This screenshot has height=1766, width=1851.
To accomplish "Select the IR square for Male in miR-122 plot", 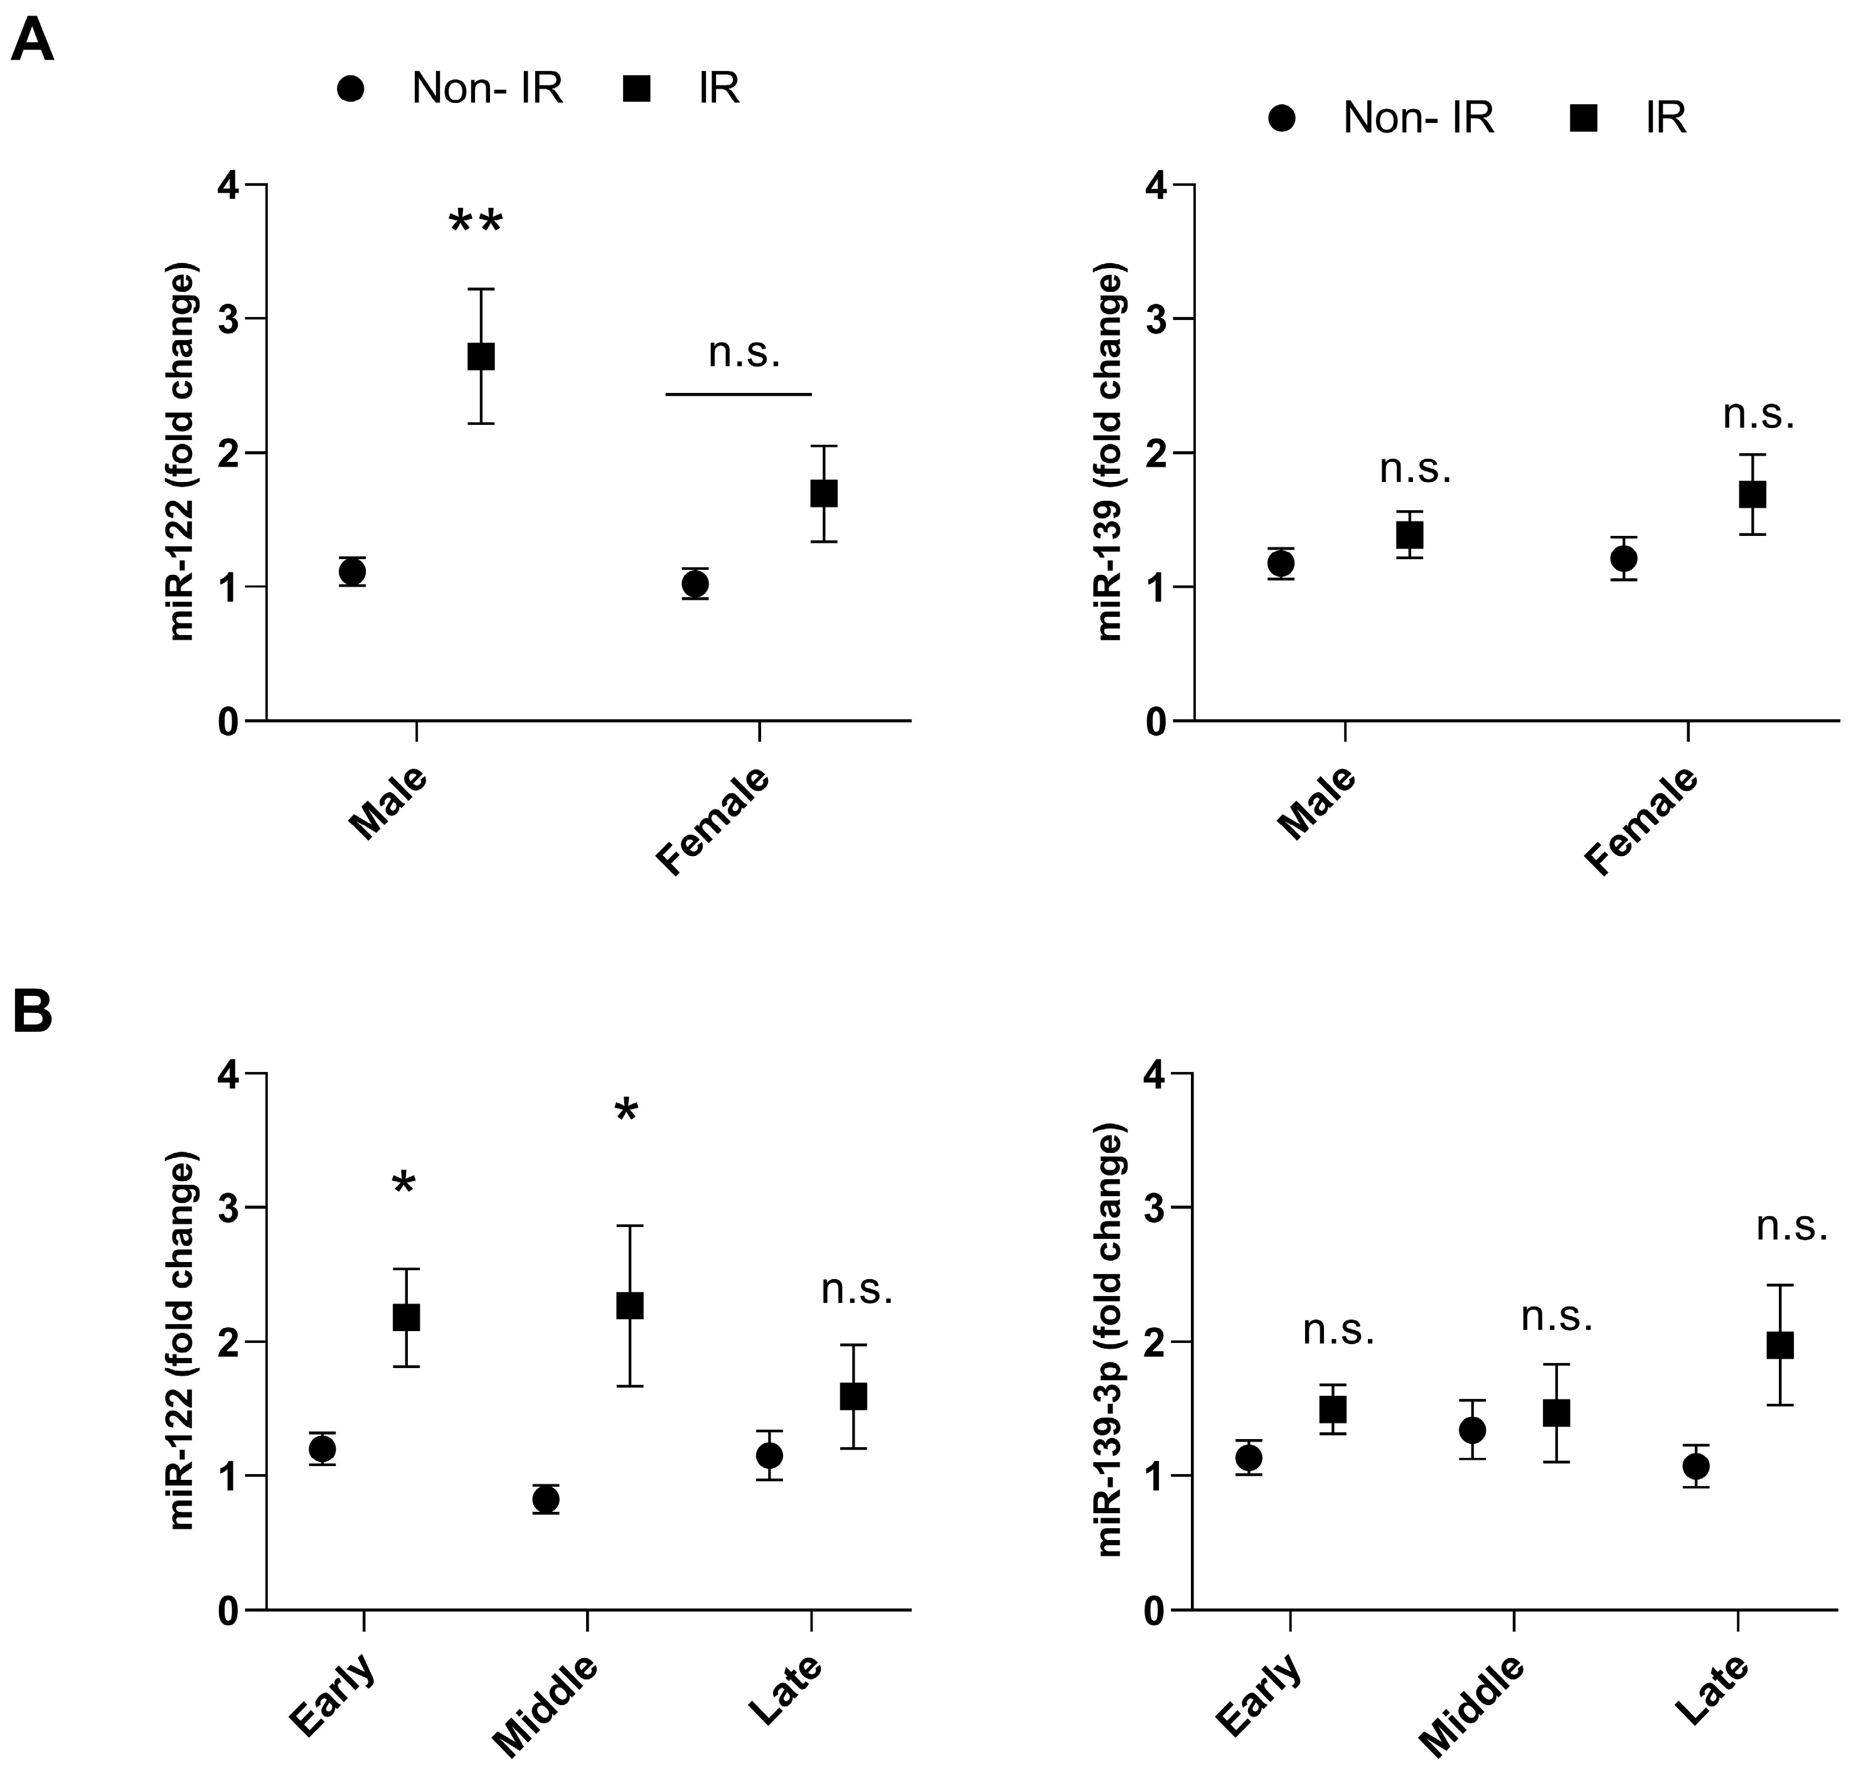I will (481, 356).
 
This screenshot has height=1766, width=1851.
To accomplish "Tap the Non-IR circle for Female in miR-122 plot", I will (695, 585).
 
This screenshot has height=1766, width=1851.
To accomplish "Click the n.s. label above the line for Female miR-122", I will (744, 354).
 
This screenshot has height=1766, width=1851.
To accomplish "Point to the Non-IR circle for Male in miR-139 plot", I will (1280, 564).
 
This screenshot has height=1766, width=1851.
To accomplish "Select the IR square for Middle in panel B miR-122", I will (629, 1305).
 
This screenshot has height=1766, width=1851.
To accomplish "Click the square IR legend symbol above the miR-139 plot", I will (1584, 119).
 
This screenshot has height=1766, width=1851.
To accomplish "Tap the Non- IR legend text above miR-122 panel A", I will (486, 88).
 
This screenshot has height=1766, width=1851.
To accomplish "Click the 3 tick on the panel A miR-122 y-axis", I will (228, 319).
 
